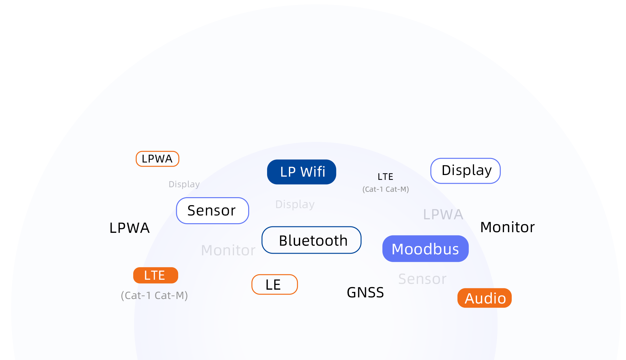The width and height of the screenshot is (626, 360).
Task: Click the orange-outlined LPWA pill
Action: click(x=157, y=159)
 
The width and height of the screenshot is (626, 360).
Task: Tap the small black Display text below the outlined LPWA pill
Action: click(x=184, y=184)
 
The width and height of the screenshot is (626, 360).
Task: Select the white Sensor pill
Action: click(x=213, y=211)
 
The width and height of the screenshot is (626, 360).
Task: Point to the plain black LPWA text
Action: click(x=129, y=228)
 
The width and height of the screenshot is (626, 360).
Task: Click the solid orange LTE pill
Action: click(x=155, y=276)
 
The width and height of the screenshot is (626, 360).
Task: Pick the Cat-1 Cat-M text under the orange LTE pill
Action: click(x=154, y=295)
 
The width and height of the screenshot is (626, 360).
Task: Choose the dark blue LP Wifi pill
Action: click(x=301, y=172)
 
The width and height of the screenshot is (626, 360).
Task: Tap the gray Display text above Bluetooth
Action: click(x=295, y=204)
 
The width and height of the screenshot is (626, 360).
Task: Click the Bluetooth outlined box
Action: click(x=311, y=240)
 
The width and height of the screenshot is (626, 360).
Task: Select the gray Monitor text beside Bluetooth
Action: click(x=228, y=250)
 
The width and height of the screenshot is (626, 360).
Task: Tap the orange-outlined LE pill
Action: click(x=274, y=285)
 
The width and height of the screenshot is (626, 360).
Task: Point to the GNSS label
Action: click(x=365, y=293)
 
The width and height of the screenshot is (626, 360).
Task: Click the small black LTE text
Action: click(x=385, y=177)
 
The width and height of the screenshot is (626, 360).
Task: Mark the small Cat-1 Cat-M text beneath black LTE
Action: click(x=386, y=189)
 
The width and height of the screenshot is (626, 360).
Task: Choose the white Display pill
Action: click(x=465, y=171)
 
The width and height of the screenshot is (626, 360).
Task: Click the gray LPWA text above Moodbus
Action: click(x=443, y=215)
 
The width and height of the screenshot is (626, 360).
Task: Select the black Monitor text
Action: click(x=507, y=227)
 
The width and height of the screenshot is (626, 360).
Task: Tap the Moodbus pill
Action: click(x=425, y=249)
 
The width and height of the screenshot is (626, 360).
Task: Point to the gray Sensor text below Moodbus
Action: click(x=422, y=279)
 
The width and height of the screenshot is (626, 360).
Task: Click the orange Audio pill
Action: click(x=485, y=298)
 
